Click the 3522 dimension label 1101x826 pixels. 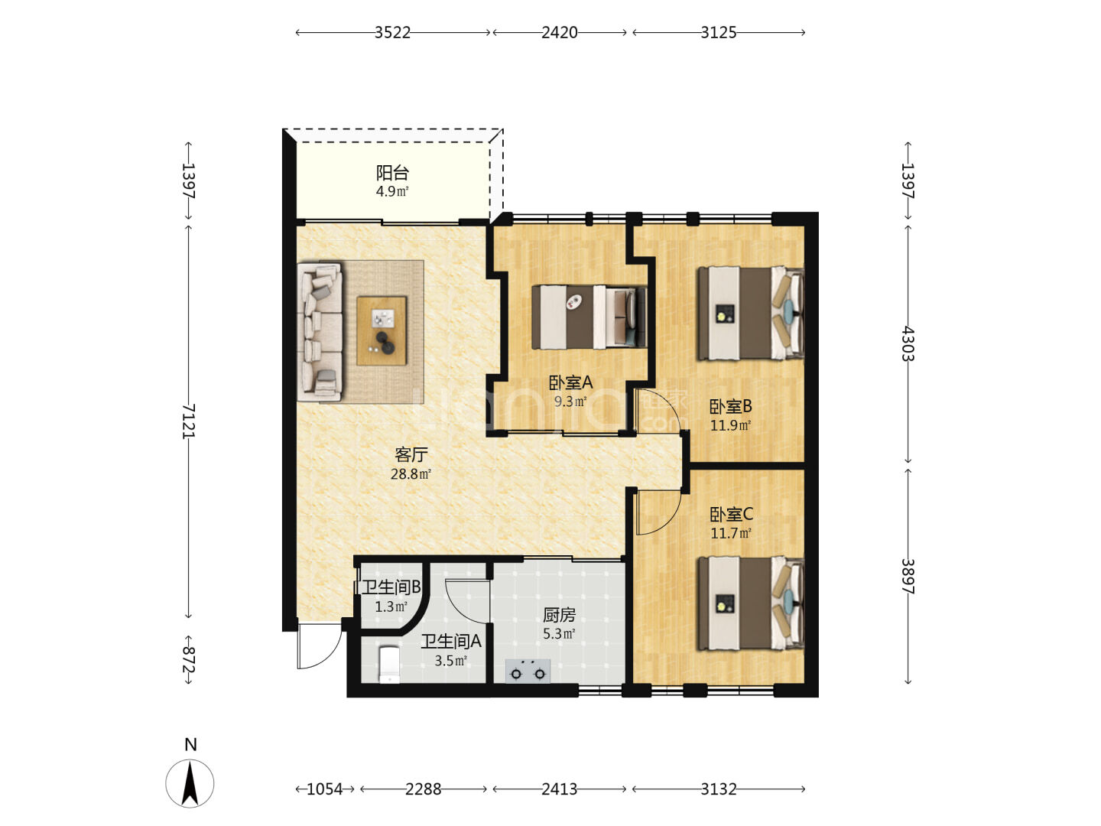point(392,33)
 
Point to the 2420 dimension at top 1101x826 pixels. point(559,33)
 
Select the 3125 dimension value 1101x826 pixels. point(718,33)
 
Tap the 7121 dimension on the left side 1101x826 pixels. point(189,421)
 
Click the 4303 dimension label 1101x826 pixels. point(908,343)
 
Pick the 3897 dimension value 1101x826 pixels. point(908,576)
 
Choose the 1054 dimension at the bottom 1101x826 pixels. point(324,789)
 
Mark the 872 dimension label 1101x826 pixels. point(189,659)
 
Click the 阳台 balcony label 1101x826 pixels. point(392,173)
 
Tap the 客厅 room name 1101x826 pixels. point(411,454)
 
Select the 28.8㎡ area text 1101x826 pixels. point(411,474)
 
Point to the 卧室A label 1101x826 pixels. point(571,382)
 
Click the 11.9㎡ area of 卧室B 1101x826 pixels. point(730,425)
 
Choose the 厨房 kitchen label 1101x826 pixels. point(559,615)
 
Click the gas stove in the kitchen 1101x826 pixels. point(528,671)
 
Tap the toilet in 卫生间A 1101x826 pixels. point(388,665)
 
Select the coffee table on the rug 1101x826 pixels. point(382,331)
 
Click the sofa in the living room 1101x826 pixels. point(320,331)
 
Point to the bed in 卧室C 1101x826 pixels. point(751,603)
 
